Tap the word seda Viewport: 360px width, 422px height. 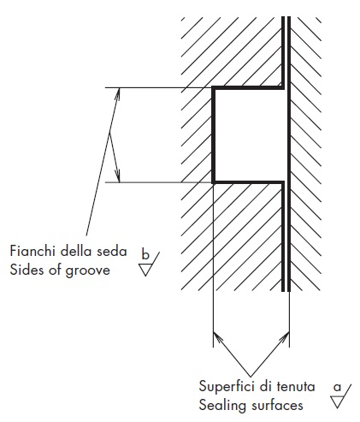tap(111, 251)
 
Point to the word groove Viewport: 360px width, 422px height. tap(88, 270)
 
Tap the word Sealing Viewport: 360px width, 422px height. tap(220, 406)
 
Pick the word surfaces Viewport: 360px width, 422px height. tap(274, 406)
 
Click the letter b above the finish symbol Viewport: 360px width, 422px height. tap(145, 254)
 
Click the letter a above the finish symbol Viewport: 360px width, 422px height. tap(337, 387)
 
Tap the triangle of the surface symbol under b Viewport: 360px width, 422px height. tap(145, 270)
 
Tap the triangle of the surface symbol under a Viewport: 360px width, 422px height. tap(337, 401)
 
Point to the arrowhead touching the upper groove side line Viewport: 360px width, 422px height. tap(118, 93)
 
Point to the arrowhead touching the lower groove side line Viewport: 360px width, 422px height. tap(118, 175)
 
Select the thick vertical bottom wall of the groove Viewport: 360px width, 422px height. tap(213, 135)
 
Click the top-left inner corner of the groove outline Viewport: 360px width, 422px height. tap(215, 90)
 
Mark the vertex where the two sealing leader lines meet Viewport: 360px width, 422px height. tap(251, 376)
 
